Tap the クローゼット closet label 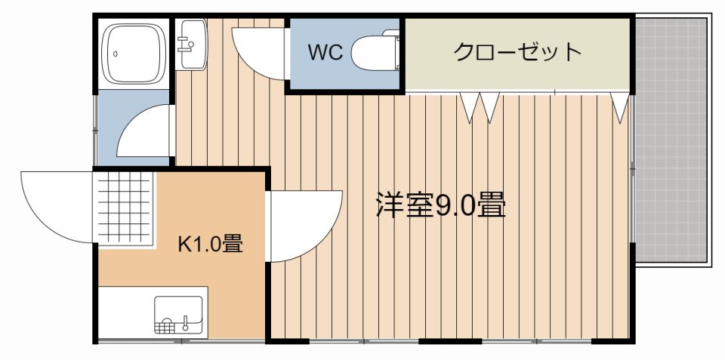point(517,52)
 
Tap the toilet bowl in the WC point(370,53)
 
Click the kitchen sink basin point(179,315)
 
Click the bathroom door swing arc point(148,132)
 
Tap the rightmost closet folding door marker point(621,106)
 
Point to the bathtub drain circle point(114,53)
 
